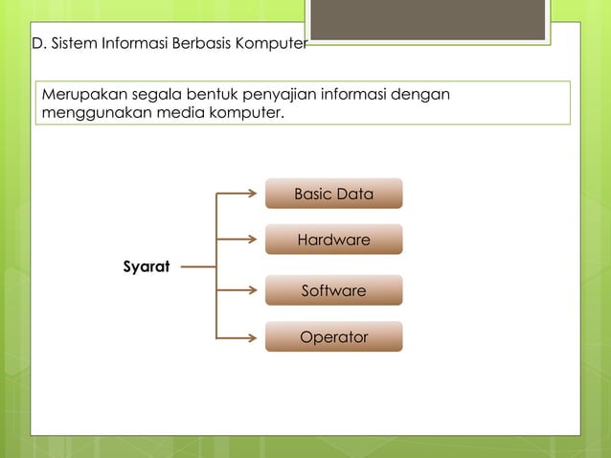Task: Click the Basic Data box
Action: [333, 194]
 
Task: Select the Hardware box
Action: [333, 240]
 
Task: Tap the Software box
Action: [333, 290]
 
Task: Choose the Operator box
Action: [333, 337]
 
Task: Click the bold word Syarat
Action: [147, 265]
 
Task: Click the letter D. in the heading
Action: [38, 43]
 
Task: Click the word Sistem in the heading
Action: [72, 43]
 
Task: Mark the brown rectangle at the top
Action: [428, 19]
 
